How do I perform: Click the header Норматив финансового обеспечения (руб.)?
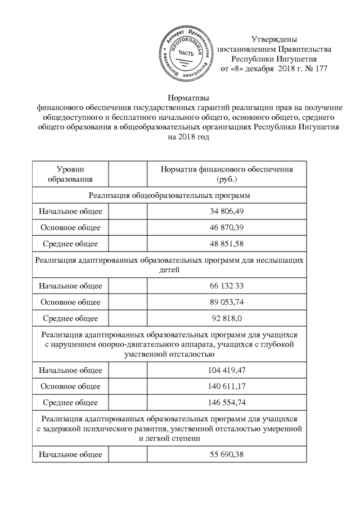click(x=227, y=174)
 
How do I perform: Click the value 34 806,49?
click(x=227, y=211)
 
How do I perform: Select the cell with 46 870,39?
click(x=227, y=228)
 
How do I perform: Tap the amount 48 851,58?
click(x=227, y=244)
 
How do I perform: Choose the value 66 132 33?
click(x=227, y=286)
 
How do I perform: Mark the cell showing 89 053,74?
click(x=227, y=302)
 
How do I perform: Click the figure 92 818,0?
click(x=227, y=318)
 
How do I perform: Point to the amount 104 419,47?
click(x=227, y=370)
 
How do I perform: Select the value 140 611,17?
click(x=227, y=386)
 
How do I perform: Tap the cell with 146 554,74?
click(x=227, y=403)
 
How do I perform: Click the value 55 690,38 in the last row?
click(x=227, y=454)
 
